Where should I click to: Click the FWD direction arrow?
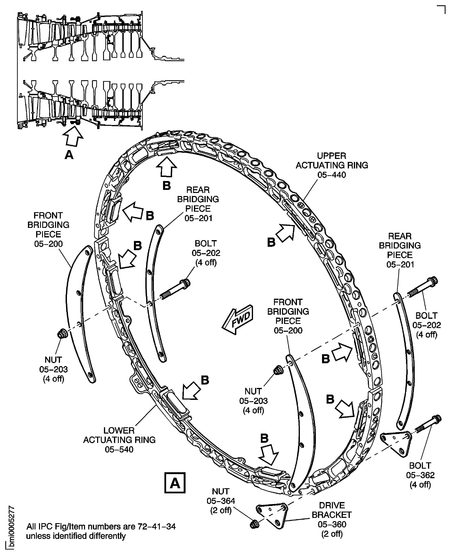click(237, 320)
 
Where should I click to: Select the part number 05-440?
click(332, 175)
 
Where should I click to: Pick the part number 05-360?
click(332, 524)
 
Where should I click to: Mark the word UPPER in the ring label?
click(332, 156)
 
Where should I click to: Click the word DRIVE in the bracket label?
click(332, 505)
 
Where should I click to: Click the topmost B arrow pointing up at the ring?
click(166, 168)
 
